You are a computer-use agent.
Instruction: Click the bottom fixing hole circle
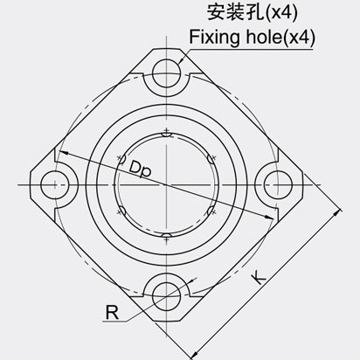click(165, 295)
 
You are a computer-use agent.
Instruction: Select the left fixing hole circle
click(53, 183)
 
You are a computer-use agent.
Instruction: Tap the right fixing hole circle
click(277, 183)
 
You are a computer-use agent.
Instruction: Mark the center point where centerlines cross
click(165, 183)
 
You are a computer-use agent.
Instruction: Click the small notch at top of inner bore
click(165, 133)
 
